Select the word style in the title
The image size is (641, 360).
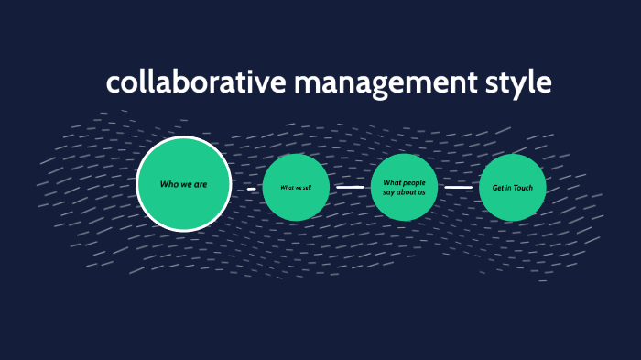tap(517, 82)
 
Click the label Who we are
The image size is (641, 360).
tap(183, 184)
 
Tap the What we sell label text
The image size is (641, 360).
tap(296, 188)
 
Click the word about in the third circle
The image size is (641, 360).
tap(406, 192)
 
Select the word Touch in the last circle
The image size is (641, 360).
tap(523, 188)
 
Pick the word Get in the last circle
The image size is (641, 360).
tap(498, 188)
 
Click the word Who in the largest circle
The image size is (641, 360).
tap(168, 184)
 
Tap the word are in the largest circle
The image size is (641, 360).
tap(201, 184)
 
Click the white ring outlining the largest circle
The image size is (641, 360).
tap(183, 137)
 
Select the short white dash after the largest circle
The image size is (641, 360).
tap(251, 188)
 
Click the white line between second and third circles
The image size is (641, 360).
tap(350, 187)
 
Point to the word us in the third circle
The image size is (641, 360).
tap(421, 192)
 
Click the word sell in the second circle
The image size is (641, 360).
tap(307, 188)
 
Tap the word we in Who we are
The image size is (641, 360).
tap(184, 184)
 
